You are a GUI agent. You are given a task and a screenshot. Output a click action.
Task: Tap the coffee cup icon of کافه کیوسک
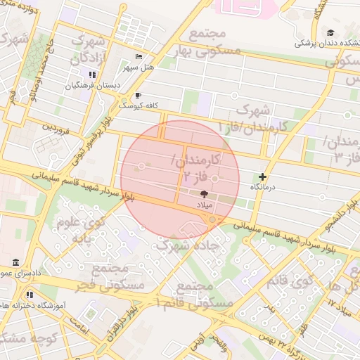click(139, 95)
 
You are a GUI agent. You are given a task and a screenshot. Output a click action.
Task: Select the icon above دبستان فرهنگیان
click(91, 75)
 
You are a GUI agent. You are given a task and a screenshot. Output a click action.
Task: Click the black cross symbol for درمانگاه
click(263, 177)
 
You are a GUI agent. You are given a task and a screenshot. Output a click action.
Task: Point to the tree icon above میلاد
click(204, 193)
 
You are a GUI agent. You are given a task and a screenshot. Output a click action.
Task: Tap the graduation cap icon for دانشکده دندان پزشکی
click(330, 32)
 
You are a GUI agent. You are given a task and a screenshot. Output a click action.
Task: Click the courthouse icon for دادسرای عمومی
click(15, 262)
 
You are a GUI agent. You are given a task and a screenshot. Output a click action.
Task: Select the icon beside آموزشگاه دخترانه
click(30, 295)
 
